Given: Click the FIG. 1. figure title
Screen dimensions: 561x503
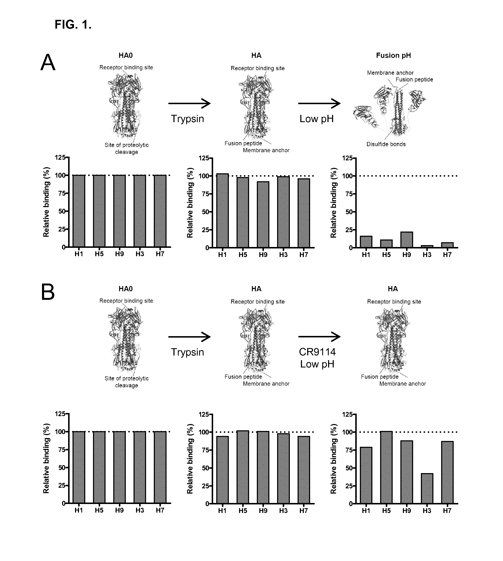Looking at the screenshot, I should [x=73, y=25].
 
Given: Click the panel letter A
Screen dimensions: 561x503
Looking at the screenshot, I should [x=48, y=63].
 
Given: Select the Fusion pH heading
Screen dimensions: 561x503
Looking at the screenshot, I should [x=393, y=56].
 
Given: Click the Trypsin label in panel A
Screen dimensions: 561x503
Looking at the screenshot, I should [x=187, y=119].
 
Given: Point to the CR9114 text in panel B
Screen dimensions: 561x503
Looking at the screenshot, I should [x=317, y=352].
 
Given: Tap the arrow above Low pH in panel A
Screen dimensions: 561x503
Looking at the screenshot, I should [x=319, y=104].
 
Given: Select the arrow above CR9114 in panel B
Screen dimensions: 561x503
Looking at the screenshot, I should [x=319, y=337].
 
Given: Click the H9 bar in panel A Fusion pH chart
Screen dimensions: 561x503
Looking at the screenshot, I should [x=406, y=240].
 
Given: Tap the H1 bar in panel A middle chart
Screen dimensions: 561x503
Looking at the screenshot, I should [x=223, y=210].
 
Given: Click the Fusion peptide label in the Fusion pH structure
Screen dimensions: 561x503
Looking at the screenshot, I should [x=414, y=80].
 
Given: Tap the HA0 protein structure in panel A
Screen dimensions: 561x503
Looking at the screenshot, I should [x=126, y=106].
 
